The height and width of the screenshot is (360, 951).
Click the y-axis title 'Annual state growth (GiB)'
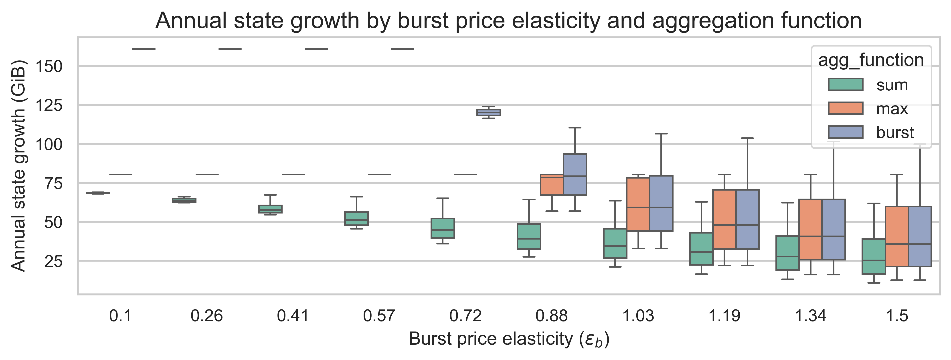tap(18, 166)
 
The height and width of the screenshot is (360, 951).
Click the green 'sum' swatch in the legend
tap(845, 85)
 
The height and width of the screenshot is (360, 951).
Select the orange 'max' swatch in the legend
tap(845, 109)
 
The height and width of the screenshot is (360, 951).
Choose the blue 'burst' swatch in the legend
tap(845, 132)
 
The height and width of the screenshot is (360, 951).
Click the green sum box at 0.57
tap(356, 218)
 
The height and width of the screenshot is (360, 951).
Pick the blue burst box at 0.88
tap(575, 174)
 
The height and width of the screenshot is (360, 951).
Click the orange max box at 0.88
tap(552, 185)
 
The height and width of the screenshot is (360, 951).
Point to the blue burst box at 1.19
tap(747, 219)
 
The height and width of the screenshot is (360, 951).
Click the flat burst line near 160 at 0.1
tap(144, 49)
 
